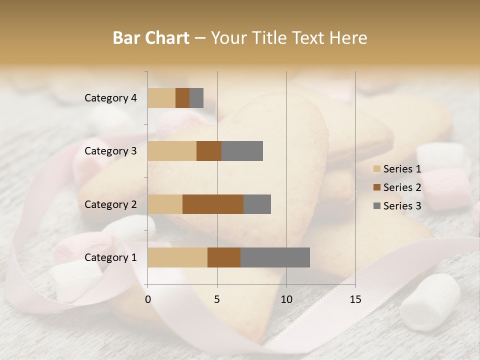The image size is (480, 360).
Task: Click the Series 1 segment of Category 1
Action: coord(177,257)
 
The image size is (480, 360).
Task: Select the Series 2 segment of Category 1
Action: coord(224,257)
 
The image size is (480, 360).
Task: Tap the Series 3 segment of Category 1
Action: coord(275,257)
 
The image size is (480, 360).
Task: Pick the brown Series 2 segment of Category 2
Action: coord(213,204)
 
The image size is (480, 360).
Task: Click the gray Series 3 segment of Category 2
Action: coord(257,204)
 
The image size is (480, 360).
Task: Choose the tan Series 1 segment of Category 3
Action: coord(172,151)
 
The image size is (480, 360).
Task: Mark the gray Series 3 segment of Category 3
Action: coord(242,151)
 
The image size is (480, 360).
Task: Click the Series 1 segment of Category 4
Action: coord(161,98)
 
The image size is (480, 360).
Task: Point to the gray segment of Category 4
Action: coord(196,98)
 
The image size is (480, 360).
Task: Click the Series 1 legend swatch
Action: coord(376,169)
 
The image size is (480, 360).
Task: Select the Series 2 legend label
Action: coord(402,187)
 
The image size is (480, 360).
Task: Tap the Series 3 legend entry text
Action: coord(402,206)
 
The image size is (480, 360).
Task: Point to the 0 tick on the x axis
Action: coord(148,299)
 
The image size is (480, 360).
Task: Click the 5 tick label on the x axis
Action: coord(217,299)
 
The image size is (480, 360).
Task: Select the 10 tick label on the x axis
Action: coord(286,299)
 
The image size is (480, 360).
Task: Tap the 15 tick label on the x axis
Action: coord(355,299)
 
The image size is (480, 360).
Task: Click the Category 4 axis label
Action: coord(110,98)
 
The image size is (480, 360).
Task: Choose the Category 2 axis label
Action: coord(110,204)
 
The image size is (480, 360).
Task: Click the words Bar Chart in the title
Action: coord(151,38)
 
